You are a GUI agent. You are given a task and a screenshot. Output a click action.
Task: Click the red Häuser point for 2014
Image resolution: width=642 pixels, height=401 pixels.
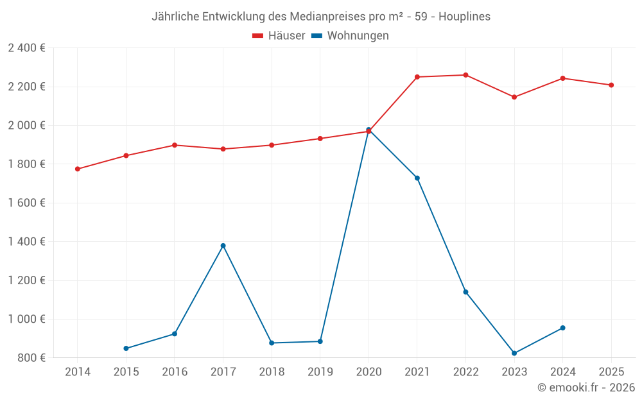point(78,169)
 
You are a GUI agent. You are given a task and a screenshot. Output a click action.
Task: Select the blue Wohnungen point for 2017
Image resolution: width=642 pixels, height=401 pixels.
point(223,246)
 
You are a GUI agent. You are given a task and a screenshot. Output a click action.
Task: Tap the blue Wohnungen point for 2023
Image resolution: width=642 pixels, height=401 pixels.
point(514,354)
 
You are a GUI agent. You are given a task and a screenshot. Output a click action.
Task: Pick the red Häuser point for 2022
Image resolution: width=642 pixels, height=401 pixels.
point(465,75)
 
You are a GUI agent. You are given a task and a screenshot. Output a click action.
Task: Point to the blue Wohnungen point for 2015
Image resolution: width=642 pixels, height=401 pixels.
point(126,348)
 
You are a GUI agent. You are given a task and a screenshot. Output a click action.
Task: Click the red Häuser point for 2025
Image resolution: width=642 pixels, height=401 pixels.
point(611,85)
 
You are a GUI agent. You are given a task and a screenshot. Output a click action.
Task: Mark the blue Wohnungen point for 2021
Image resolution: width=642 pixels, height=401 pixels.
point(417,178)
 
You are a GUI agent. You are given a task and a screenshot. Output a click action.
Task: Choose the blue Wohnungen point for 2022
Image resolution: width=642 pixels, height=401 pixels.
point(465,292)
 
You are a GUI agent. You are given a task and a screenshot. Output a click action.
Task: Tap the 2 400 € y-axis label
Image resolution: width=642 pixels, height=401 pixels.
point(26,48)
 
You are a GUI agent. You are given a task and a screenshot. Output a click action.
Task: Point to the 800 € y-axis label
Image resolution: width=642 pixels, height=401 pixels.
point(31,358)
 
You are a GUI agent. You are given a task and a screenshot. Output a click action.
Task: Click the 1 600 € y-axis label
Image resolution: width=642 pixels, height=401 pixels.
point(26,203)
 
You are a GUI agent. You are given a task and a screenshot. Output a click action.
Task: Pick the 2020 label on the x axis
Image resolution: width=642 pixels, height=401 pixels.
point(369,372)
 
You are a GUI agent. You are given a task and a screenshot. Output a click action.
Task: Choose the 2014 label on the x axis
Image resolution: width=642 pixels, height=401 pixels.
point(78,372)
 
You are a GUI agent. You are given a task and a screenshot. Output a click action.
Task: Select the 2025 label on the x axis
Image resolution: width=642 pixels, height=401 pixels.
point(611,372)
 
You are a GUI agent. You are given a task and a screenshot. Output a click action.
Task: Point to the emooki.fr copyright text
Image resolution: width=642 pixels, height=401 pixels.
point(586,388)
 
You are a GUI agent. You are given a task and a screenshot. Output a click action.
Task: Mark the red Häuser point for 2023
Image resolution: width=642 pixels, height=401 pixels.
point(514,97)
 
